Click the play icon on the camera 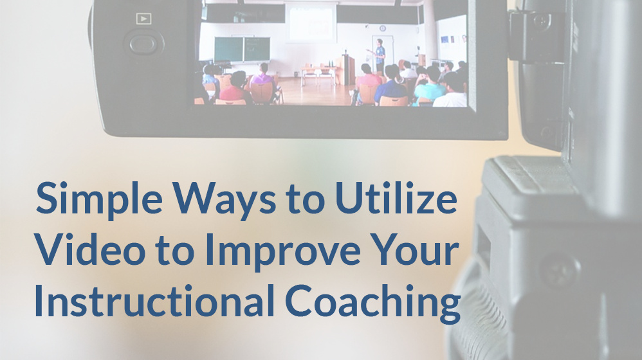coord(143,19)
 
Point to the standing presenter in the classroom coord(380,56)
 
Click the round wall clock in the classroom coord(382,28)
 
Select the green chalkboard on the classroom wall coord(242,50)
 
